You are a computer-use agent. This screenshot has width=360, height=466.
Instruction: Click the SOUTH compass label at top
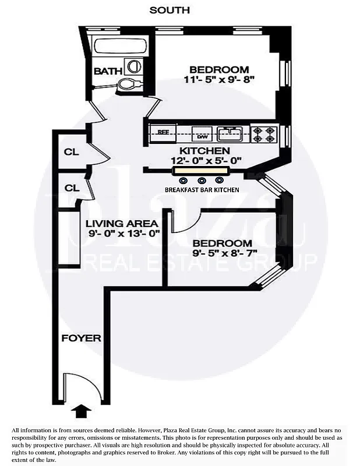click(x=170, y=10)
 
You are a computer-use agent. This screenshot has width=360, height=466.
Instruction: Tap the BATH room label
click(x=108, y=71)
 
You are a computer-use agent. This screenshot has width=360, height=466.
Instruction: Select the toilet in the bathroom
click(x=127, y=85)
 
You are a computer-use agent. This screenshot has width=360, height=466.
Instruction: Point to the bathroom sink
click(x=134, y=67)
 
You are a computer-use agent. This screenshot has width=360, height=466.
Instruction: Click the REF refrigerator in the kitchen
click(x=164, y=132)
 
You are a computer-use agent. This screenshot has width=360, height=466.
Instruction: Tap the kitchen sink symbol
click(x=229, y=133)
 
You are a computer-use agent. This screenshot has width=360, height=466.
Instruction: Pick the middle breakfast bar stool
click(x=202, y=181)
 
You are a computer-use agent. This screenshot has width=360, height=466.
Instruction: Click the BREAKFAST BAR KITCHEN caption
click(x=202, y=190)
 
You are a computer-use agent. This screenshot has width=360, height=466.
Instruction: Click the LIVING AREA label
click(x=122, y=223)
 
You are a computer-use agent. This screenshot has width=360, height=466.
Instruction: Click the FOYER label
click(x=82, y=338)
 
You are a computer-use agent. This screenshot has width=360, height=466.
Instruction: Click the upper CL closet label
click(x=71, y=152)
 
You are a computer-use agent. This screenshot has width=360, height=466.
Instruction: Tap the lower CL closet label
click(x=71, y=188)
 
